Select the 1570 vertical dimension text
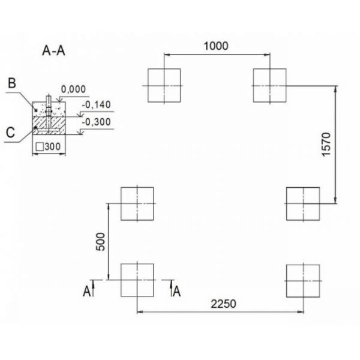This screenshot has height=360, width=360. coord(343,145)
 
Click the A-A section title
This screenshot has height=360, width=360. coord(54,52)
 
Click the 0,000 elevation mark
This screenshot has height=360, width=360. coord(73,89)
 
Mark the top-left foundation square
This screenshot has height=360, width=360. coord(164,86)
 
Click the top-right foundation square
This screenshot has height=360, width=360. coord(270,86)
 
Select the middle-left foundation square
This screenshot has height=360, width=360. coord(137,204)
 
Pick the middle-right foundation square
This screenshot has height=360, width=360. coord(303,204)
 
